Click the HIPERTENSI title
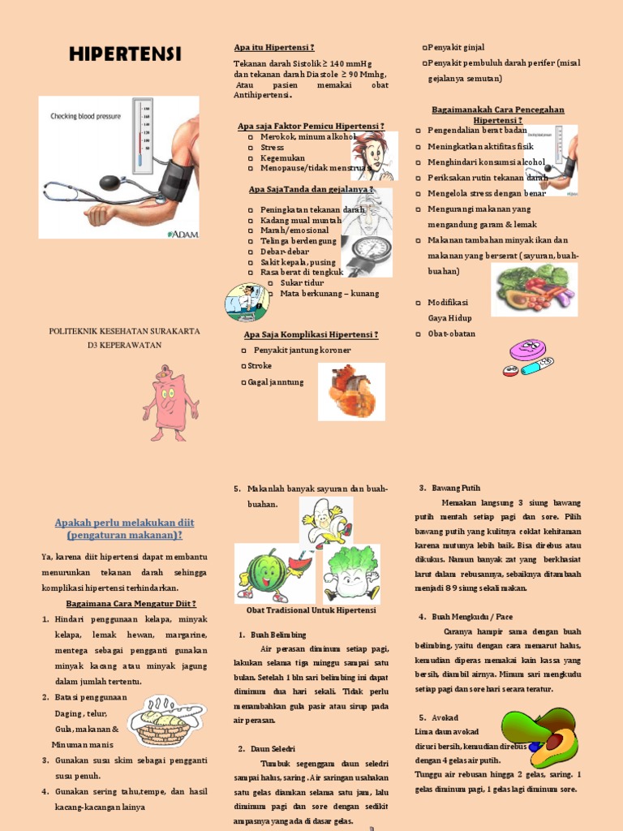click(x=125, y=54)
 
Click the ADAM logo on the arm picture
click(x=182, y=233)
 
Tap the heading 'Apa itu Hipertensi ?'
click(x=274, y=48)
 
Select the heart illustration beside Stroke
click(x=351, y=391)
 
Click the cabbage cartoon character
click(x=351, y=575)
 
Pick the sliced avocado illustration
click(x=538, y=738)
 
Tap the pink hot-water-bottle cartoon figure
click(x=170, y=403)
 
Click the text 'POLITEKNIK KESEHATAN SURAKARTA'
click(x=125, y=331)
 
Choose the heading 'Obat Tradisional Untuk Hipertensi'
click(x=311, y=609)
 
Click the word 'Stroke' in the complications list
click(x=260, y=366)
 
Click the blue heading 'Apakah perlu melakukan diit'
click(x=124, y=522)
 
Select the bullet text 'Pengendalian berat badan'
click(x=477, y=130)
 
